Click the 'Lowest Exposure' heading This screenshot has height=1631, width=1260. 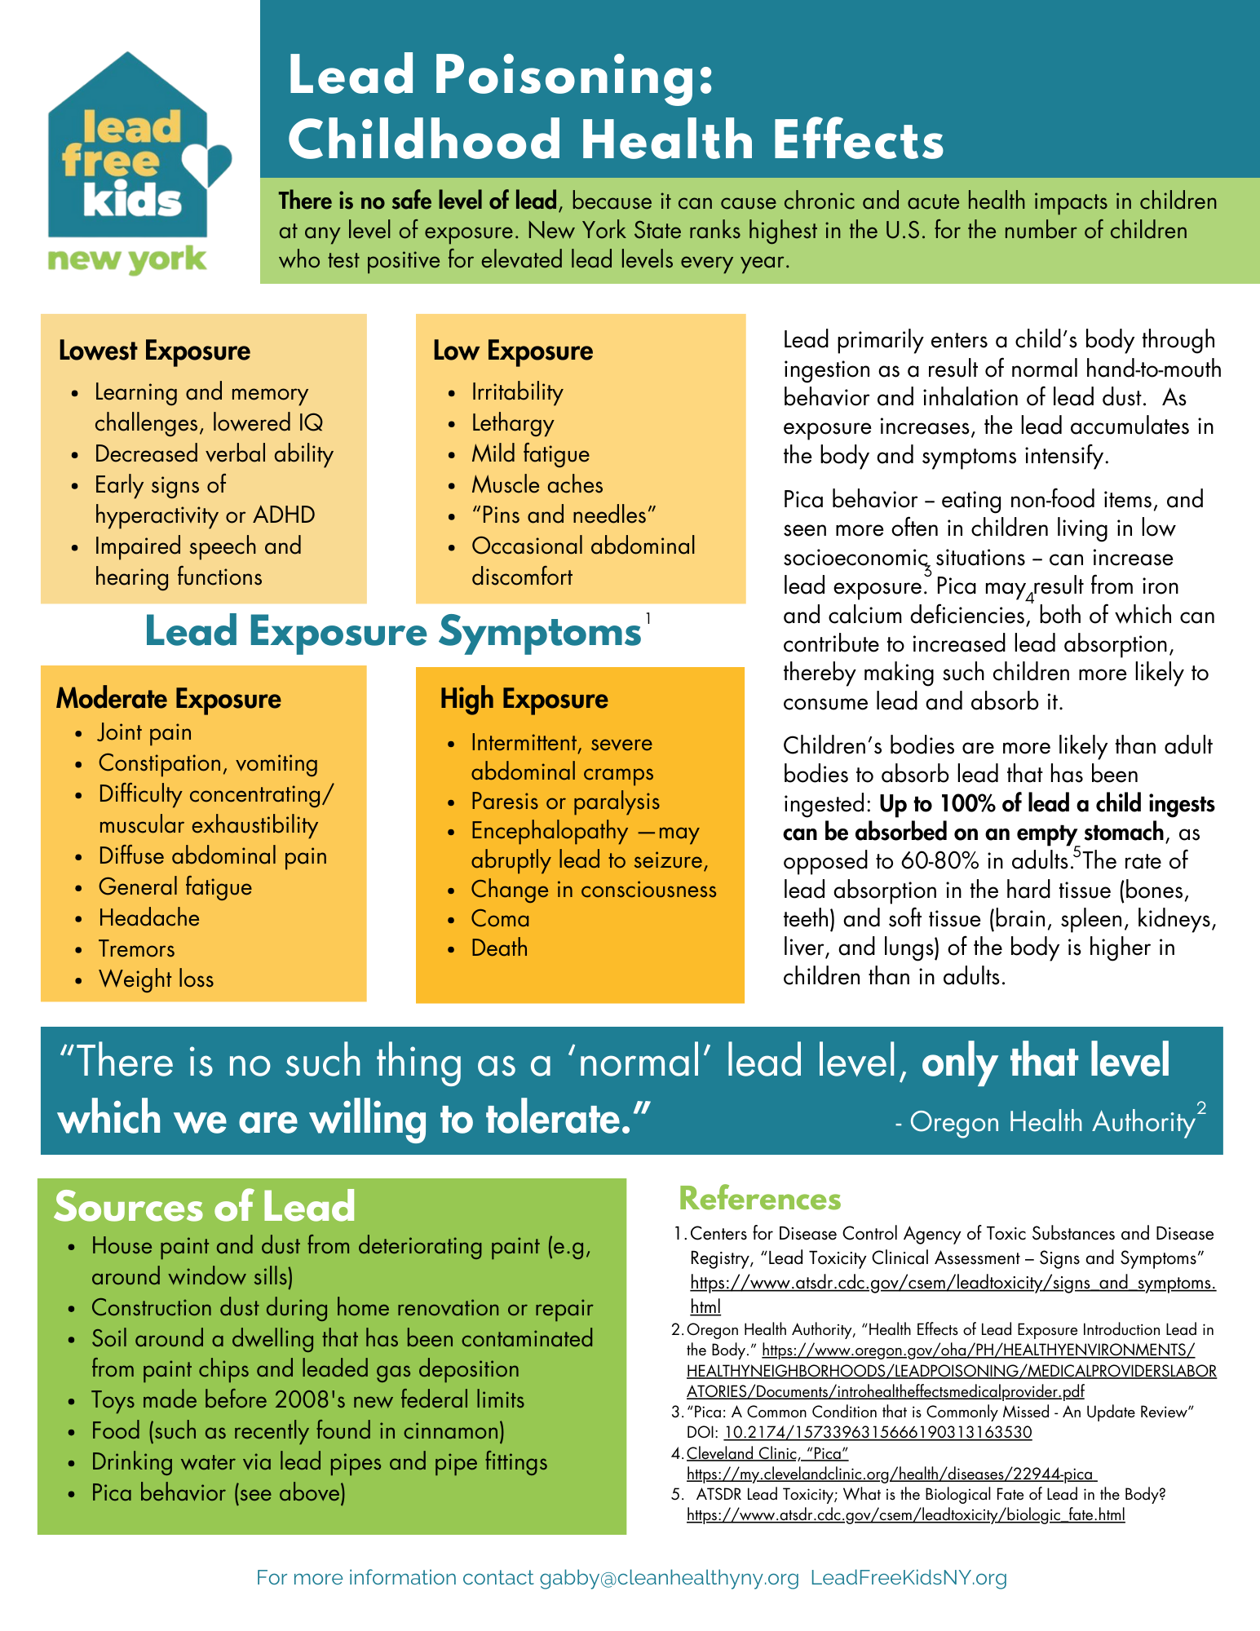click(x=154, y=351)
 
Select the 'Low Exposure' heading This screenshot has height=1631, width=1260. click(x=513, y=351)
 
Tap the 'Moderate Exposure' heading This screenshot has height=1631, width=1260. click(x=169, y=699)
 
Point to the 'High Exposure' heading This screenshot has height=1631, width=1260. click(x=524, y=699)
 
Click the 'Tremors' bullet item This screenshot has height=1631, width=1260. click(x=136, y=949)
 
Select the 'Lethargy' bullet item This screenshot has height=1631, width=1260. click(x=512, y=423)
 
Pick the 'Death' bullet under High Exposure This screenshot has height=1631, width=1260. click(x=499, y=948)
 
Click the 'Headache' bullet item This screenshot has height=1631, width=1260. click(x=148, y=918)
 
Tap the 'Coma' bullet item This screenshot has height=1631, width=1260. click(x=500, y=919)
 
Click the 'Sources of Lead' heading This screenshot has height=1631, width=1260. click(x=205, y=1207)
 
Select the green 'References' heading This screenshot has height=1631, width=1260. click(x=759, y=1199)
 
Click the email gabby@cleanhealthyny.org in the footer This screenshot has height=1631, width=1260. click(x=669, y=1578)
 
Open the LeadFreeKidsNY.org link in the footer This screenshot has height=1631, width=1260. click(x=909, y=1578)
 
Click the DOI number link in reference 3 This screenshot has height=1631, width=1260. click(x=878, y=1433)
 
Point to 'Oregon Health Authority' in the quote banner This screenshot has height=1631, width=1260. click(x=1052, y=1122)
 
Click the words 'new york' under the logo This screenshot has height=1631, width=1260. click(x=127, y=260)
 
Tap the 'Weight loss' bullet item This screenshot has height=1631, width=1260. click(x=156, y=979)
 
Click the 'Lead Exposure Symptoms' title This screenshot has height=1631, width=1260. click(x=393, y=632)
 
